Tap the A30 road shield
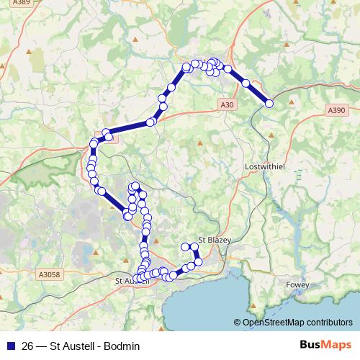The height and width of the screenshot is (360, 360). tap(228, 105)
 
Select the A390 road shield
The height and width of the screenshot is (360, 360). tap(336, 110)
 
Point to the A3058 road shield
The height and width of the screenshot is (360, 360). tap(48, 274)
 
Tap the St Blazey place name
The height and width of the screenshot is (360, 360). tap(213, 240)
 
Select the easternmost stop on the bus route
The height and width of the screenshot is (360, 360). tap(270, 104)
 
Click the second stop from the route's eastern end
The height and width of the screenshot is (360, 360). tap(246, 84)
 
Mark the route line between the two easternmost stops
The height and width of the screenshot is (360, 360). tap(258, 94)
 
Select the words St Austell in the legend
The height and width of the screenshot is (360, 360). tap(71, 346)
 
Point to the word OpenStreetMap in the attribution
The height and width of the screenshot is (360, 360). tap(274, 323)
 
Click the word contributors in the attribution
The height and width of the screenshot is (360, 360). tap(330, 323)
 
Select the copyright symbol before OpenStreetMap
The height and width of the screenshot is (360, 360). tap(238, 323)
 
